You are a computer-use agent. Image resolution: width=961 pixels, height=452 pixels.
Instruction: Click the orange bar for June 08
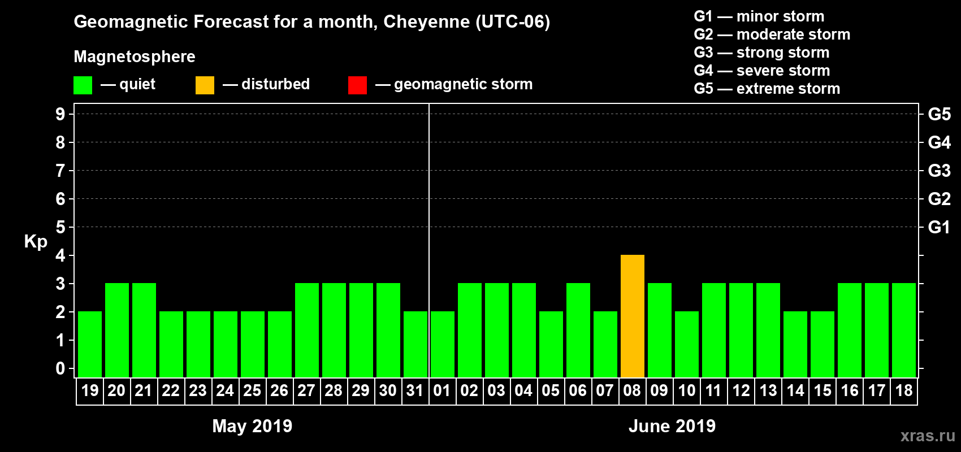[x=632, y=316]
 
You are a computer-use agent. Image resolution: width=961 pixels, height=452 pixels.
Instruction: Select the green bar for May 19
[x=90, y=344]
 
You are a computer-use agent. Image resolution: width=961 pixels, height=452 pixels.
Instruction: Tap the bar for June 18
[x=903, y=330]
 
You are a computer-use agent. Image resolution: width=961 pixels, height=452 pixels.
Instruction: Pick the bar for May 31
[x=415, y=344]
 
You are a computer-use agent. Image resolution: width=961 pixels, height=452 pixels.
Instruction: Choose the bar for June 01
[x=442, y=344]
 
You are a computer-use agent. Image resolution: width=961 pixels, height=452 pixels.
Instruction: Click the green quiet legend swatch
[x=83, y=85]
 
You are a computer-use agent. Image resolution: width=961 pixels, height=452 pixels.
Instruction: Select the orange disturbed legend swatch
[x=205, y=85]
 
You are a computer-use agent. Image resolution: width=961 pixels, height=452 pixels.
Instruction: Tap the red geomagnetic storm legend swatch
[x=357, y=85]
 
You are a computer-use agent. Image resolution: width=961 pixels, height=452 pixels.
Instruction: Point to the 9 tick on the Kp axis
[x=60, y=114]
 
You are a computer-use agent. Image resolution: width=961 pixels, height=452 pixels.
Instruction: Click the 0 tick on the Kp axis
[x=60, y=368]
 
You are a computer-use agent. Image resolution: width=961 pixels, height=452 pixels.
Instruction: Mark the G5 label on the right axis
[x=939, y=114]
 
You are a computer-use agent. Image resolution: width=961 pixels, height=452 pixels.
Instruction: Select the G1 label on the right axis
[x=939, y=227]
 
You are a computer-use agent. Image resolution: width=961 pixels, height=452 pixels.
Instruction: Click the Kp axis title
[x=36, y=241]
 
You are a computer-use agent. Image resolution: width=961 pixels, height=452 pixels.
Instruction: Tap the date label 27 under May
[x=306, y=390]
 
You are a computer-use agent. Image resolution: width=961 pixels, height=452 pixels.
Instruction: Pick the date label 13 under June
[x=768, y=390]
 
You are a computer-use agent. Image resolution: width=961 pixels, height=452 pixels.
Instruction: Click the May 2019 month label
[x=252, y=426]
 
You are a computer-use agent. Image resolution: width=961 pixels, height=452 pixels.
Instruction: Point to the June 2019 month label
[x=672, y=426]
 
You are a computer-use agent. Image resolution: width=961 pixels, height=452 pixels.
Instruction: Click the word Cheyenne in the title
[x=426, y=22]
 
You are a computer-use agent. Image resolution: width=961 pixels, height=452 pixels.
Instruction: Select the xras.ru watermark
[x=928, y=436]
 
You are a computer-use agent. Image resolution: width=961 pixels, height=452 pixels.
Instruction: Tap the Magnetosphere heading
[x=135, y=56]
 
